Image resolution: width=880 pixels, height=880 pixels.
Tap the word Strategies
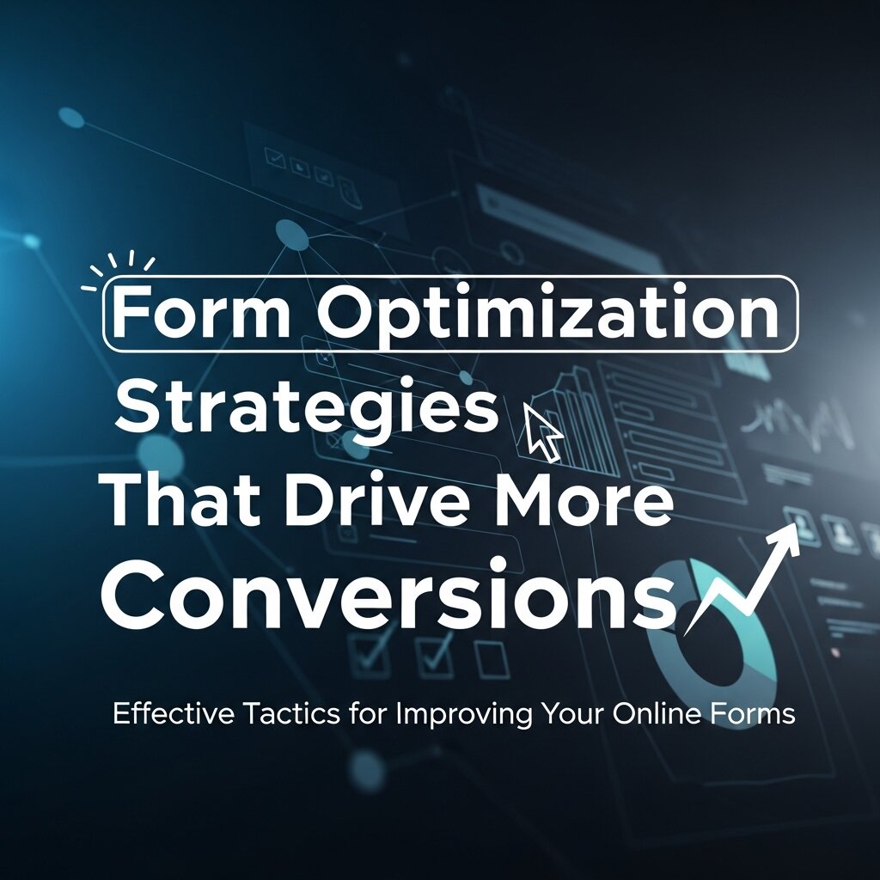tap(307, 407)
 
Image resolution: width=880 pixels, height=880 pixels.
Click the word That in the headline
tap(182, 500)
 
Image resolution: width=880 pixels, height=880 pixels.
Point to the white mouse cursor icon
tap(541, 432)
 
